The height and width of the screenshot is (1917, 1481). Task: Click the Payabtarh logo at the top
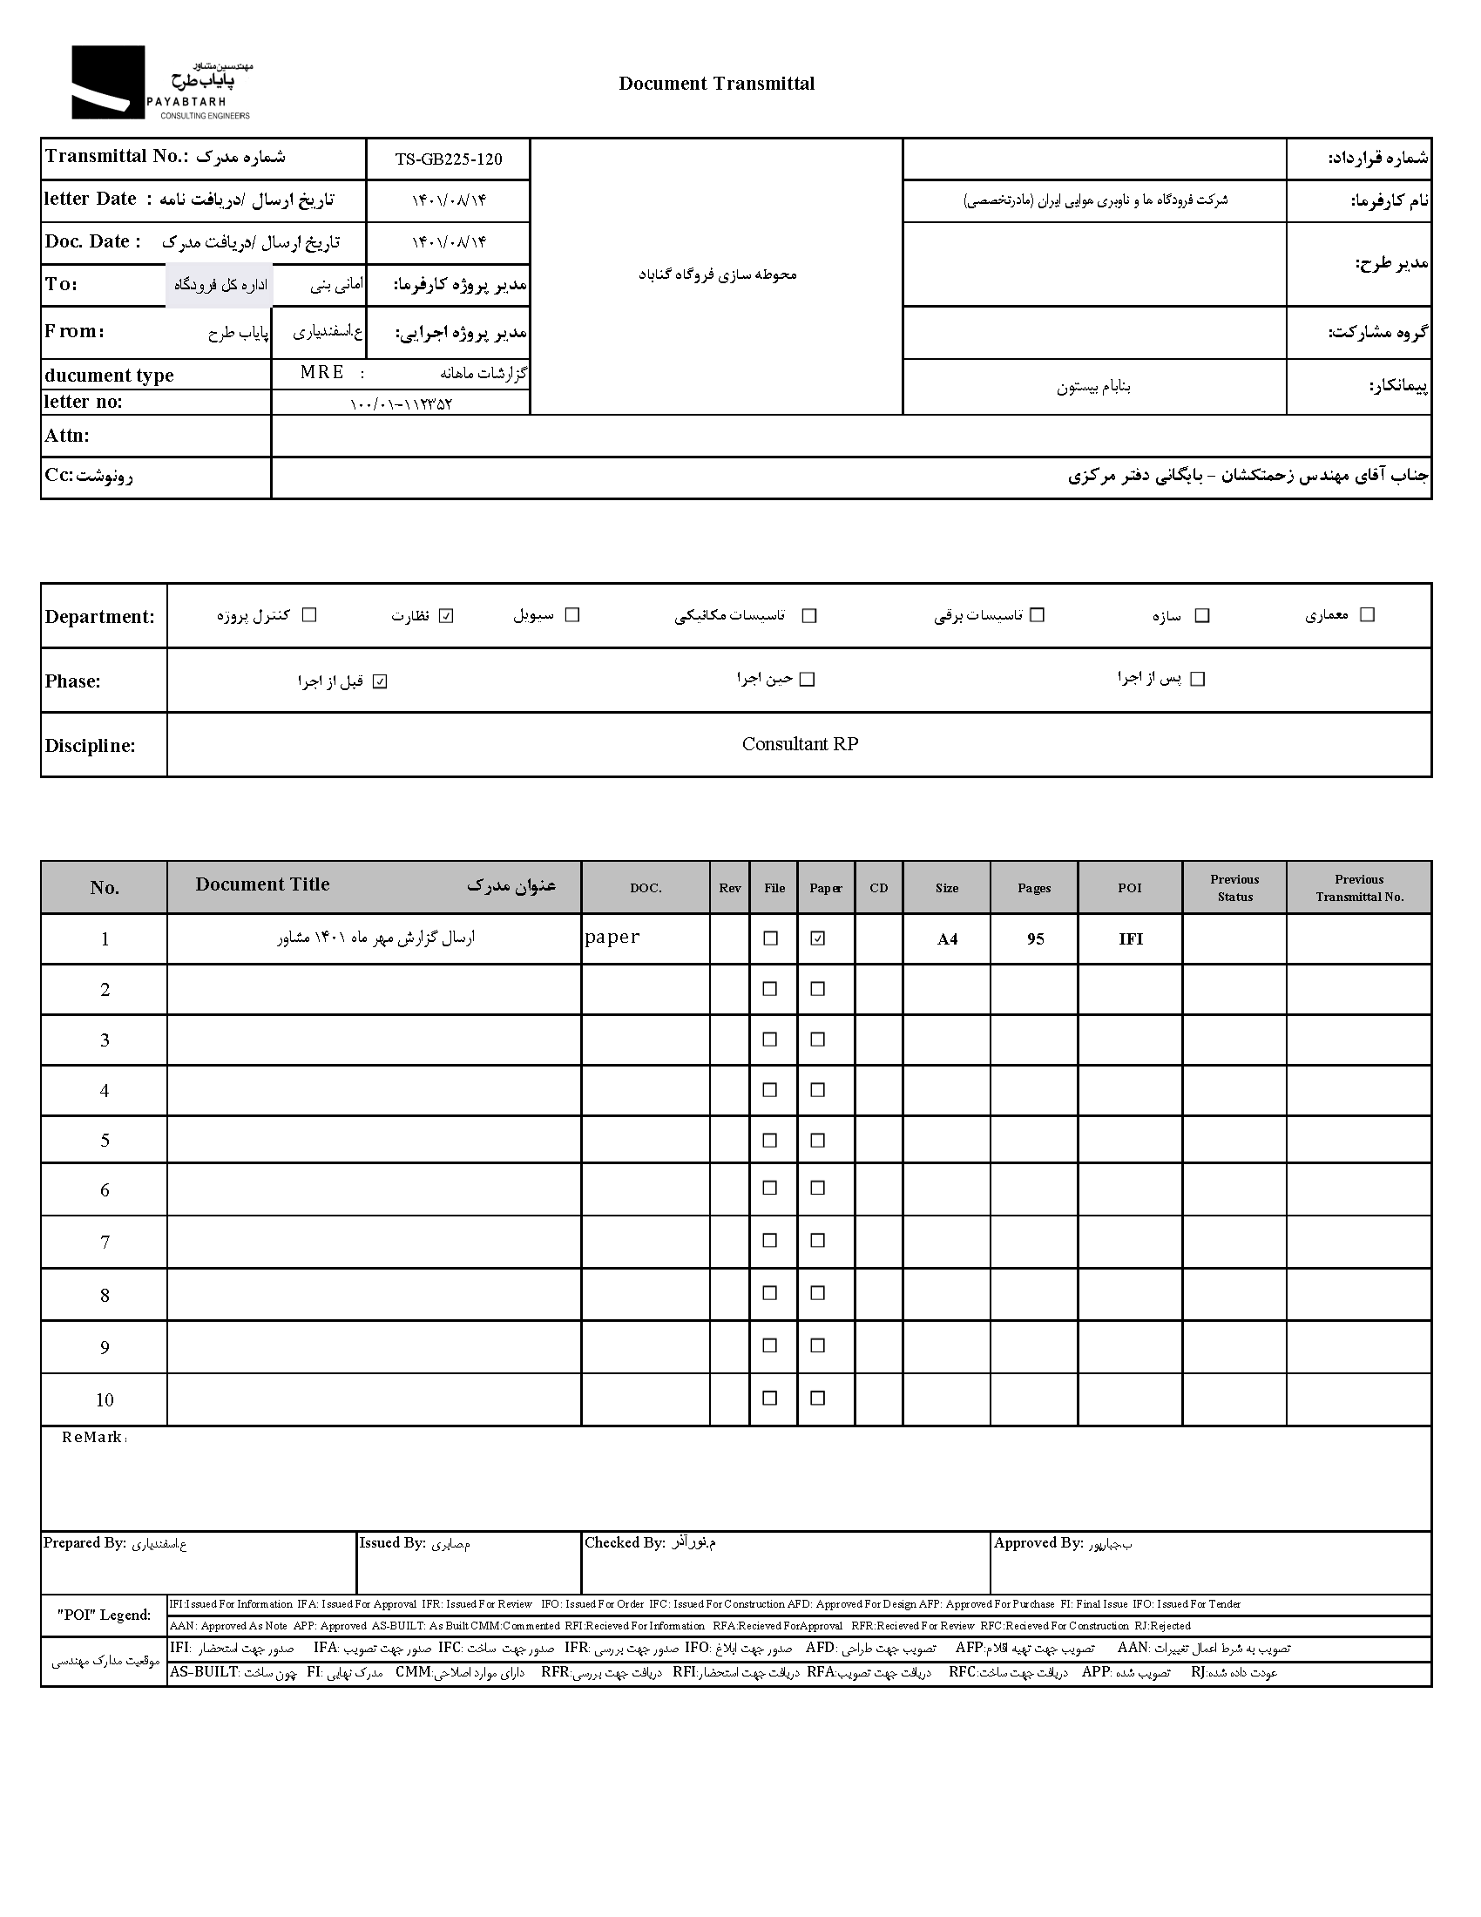pos(160,84)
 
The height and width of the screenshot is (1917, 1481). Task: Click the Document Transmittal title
pos(716,84)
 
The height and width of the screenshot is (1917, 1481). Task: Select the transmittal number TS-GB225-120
pos(449,159)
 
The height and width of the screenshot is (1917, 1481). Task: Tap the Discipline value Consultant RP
pos(799,744)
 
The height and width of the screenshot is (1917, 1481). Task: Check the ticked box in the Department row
pos(447,616)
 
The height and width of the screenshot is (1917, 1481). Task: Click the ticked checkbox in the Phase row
pos(380,682)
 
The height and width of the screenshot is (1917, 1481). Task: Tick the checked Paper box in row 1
pos(818,938)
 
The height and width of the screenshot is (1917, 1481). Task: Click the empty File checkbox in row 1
pos(770,938)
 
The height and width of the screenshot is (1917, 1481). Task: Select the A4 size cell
pos(947,939)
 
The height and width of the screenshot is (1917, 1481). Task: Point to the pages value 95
pos(1035,939)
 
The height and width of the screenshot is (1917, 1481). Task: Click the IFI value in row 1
pos(1130,939)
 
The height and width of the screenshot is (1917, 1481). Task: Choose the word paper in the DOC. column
pos(612,937)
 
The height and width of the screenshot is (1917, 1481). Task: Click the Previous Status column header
pos(1234,887)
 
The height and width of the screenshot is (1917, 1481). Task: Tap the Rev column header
pos(730,888)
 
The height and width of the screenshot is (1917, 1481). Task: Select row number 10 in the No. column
pos(105,1400)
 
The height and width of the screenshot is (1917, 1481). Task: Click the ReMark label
pos(92,1438)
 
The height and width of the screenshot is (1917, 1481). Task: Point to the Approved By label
pos(1038,1543)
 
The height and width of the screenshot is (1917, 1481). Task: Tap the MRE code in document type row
pos(322,372)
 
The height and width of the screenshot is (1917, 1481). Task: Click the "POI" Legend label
pos(104,1615)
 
